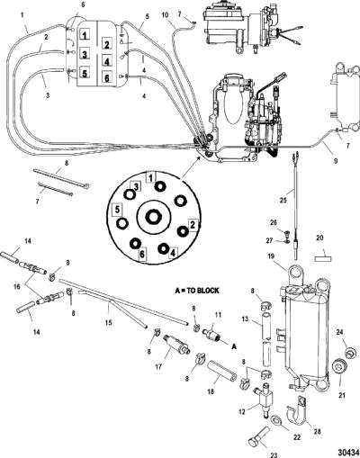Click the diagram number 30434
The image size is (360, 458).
[x=349, y=452]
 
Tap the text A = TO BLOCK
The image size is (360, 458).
[x=197, y=291]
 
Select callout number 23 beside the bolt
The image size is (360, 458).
[x=274, y=455]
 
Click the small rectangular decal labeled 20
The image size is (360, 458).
[x=323, y=259]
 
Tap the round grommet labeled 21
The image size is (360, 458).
[x=340, y=366]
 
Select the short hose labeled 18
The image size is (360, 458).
[x=221, y=371]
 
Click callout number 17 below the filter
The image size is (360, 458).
[x=158, y=366]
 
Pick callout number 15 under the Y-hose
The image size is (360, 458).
[x=108, y=322]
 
